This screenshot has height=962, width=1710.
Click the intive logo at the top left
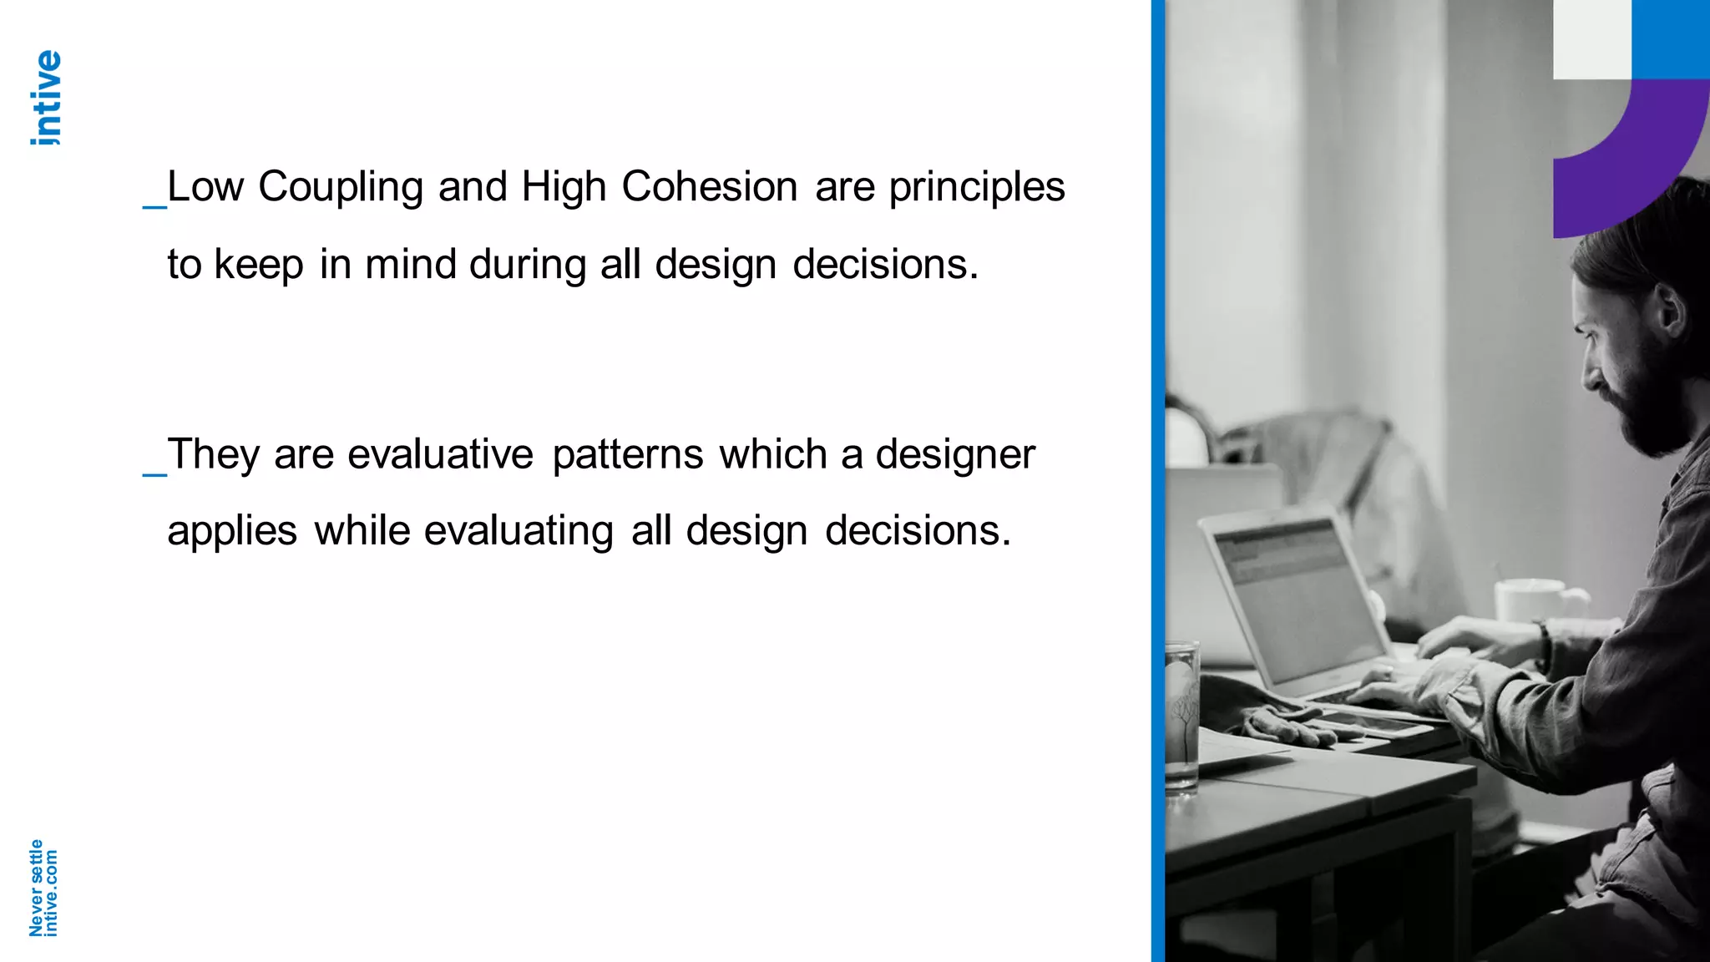(x=47, y=98)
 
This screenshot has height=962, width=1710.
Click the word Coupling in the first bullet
(x=341, y=187)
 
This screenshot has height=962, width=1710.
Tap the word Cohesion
(x=710, y=186)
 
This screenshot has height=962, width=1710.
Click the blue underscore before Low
(x=154, y=204)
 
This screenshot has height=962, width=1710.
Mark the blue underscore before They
(x=154, y=473)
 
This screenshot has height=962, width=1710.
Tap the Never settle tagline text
(x=36, y=888)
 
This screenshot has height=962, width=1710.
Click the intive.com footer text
(x=51, y=893)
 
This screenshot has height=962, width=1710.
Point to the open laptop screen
(x=1298, y=593)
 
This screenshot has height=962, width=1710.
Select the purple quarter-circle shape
(x=1637, y=159)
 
